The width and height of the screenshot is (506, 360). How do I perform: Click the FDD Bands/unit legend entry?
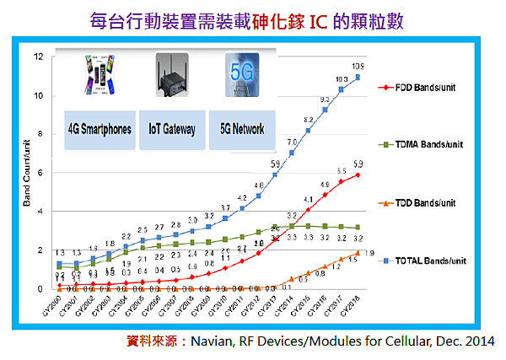click(x=419, y=87)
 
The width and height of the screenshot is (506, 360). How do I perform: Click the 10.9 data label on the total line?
click(x=358, y=67)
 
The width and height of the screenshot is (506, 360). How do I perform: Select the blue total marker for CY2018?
click(x=358, y=78)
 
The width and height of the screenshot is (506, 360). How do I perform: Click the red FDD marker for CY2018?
click(x=358, y=175)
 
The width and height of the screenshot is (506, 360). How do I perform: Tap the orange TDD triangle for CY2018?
click(x=358, y=252)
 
